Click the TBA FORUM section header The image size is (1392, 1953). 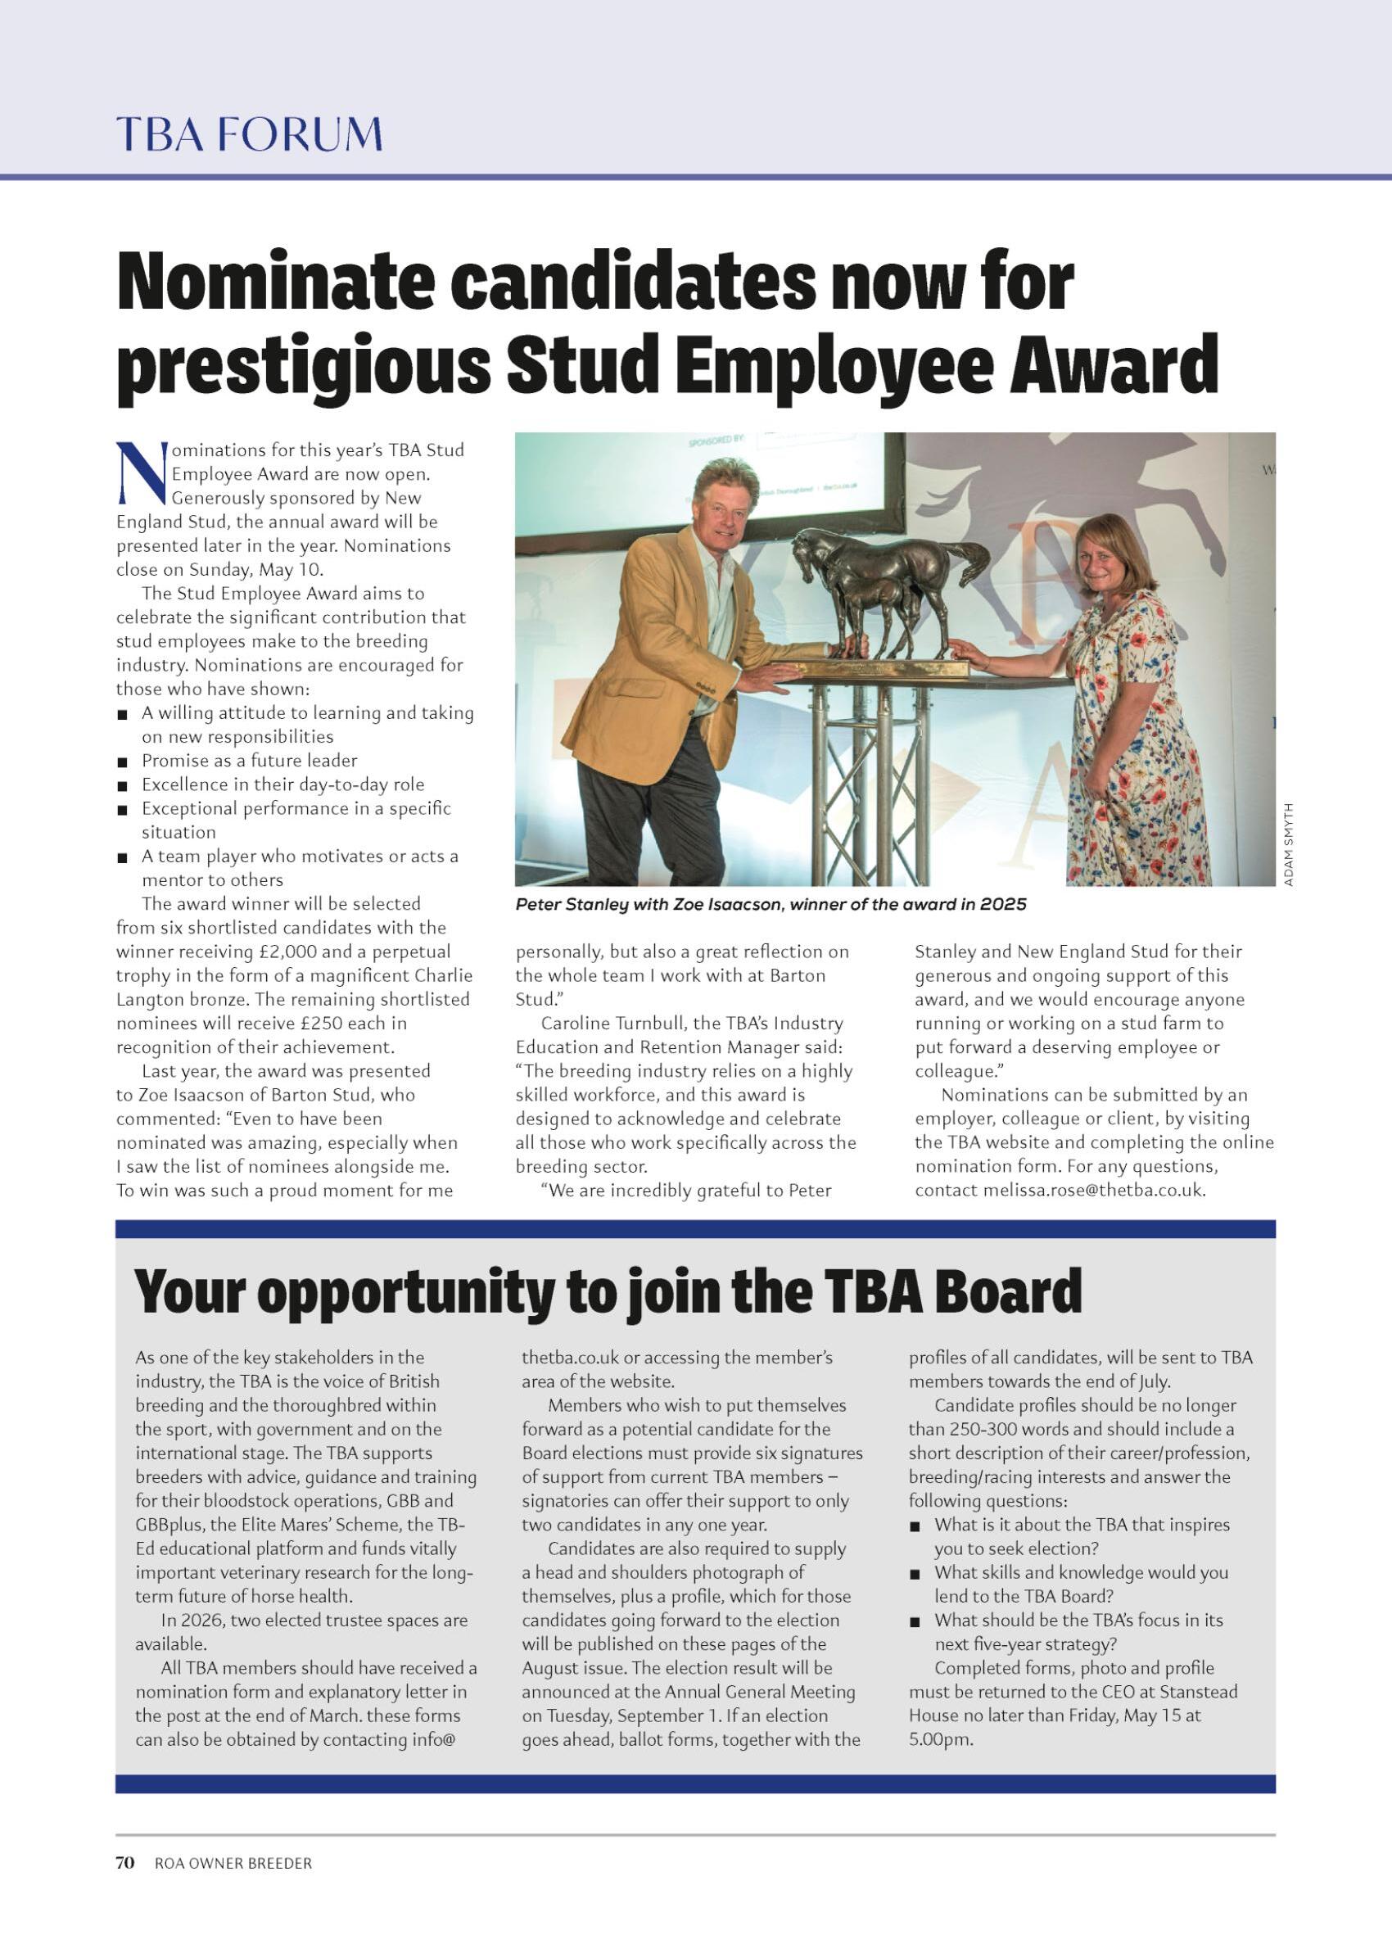(249, 134)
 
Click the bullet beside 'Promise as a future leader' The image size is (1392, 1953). (124, 762)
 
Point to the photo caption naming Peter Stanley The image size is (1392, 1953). (770, 904)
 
